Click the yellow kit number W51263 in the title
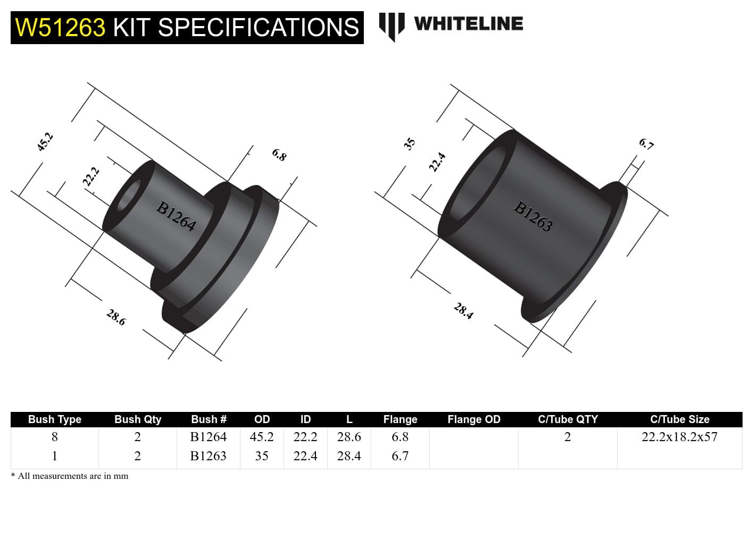(x=60, y=28)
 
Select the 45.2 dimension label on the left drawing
(x=45, y=142)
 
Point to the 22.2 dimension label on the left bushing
(x=90, y=176)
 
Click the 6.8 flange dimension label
(x=279, y=155)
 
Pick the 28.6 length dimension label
(x=116, y=317)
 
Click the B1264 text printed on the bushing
(x=176, y=216)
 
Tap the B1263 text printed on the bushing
(x=533, y=216)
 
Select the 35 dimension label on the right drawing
(x=409, y=144)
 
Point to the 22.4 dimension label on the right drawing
(x=437, y=162)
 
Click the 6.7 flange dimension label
(x=646, y=144)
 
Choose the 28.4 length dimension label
(x=463, y=311)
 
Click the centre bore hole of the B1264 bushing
(x=129, y=195)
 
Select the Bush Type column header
(x=54, y=419)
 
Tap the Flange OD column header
(x=473, y=419)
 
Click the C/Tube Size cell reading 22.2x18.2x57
(x=679, y=437)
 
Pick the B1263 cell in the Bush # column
(x=208, y=456)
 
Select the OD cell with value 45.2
(x=262, y=437)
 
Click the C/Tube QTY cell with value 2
(x=567, y=437)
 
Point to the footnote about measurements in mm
(x=70, y=476)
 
